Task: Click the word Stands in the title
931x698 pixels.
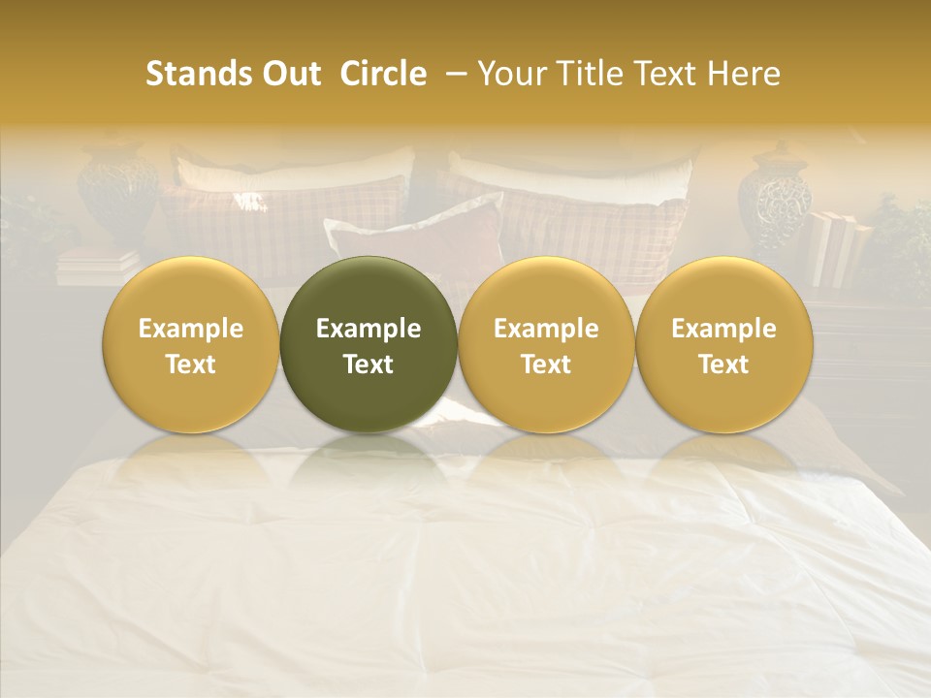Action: point(199,74)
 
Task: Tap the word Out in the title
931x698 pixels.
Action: point(290,74)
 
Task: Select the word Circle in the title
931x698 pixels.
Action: point(383,74)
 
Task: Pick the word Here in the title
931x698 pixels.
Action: point(743,74)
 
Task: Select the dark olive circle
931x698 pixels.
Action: point(369,345)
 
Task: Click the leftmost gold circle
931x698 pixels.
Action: point(191,345)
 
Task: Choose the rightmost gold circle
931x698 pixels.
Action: point(724,345)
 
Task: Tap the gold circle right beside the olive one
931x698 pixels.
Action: point(546,345)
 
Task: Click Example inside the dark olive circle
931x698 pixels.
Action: point(369,329)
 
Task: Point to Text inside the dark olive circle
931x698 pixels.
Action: point(369,365)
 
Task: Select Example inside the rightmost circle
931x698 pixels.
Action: point(724,329)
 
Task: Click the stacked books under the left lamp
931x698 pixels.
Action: point(97,265)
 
